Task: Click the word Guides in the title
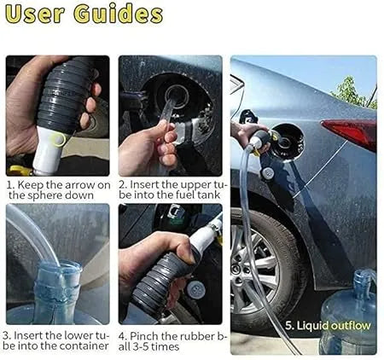pos(118,14)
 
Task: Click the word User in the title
pos(34,15)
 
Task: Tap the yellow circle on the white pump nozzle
pos(59,139)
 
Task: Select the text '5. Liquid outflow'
pos(328,326)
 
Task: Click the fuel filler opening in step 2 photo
pos(177,96)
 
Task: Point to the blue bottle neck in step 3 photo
pos(58,283)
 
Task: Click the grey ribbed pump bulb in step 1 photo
pos(64,95)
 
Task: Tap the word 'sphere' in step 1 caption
pos(44,195)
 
